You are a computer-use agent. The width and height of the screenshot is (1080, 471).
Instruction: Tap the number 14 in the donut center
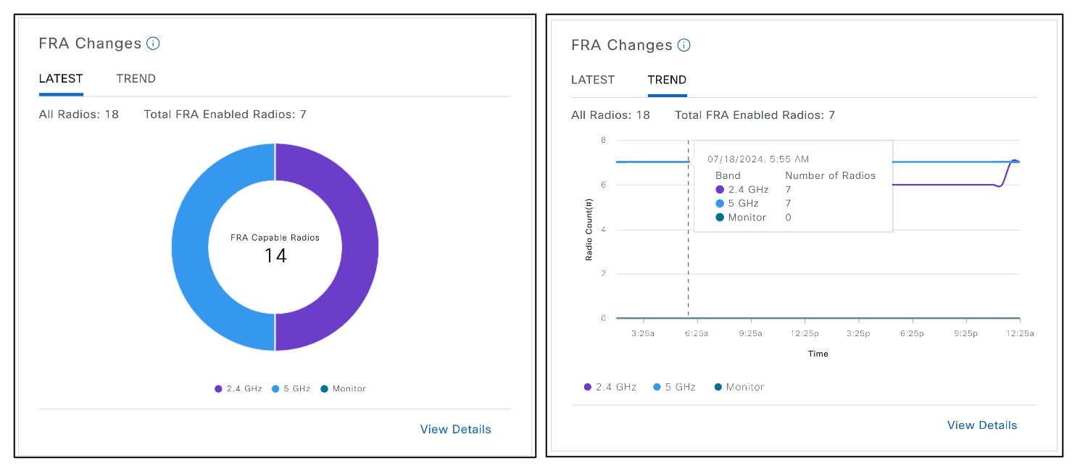tap(275, 256)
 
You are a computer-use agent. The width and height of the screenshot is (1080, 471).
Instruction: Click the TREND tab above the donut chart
tap(136, 79)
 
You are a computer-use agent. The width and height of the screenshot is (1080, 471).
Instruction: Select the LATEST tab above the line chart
tap(592, 80)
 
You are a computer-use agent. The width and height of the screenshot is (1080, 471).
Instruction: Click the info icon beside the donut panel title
tap(153, 43)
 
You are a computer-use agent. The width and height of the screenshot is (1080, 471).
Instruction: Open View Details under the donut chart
tap(455, 430)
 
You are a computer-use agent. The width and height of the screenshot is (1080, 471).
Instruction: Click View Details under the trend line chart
tap(981, 425)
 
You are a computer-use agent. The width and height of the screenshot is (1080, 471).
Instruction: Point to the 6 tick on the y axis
tap(602, 185)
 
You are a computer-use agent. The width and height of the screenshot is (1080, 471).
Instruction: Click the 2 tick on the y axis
tap(602, 274)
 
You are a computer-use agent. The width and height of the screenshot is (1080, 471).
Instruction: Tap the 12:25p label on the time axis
tap(805, 334)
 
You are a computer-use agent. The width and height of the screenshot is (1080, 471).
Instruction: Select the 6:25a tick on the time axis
tap(697, 334)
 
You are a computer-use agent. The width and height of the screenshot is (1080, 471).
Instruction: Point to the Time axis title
tap(818, 354)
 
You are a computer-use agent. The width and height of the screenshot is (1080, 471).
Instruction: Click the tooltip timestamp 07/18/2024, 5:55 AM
tap(758, 159)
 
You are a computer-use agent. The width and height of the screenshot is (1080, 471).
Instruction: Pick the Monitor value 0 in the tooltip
tap(789, 217)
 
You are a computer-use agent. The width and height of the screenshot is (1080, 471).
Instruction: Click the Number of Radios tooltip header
tap(830, 175)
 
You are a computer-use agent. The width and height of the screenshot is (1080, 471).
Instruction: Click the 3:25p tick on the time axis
tap(858, 334)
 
